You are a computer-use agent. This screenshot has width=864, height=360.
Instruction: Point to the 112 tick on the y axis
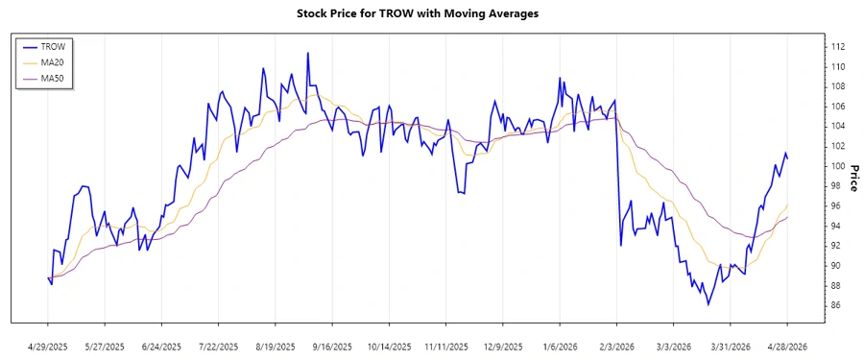coord(811,46)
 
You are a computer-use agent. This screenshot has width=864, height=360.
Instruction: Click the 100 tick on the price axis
coord(811,166)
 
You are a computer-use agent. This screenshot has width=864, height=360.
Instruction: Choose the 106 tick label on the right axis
coord(811,107)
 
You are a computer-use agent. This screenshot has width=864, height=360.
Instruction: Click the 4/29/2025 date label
coord(48,346)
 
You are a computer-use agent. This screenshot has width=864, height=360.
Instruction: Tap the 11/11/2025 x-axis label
coord(445,346)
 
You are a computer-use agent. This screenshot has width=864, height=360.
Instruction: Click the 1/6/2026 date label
coord(560,346)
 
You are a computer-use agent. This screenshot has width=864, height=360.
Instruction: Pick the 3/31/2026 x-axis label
coord(731,346)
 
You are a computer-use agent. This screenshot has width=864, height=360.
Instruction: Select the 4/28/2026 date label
coord(787,346)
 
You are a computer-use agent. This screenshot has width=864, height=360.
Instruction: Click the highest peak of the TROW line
coord(308,53)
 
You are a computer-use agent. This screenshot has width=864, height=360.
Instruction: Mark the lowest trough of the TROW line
coord(708,304)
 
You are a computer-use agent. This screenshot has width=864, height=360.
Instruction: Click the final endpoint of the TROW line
coord(788,157)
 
